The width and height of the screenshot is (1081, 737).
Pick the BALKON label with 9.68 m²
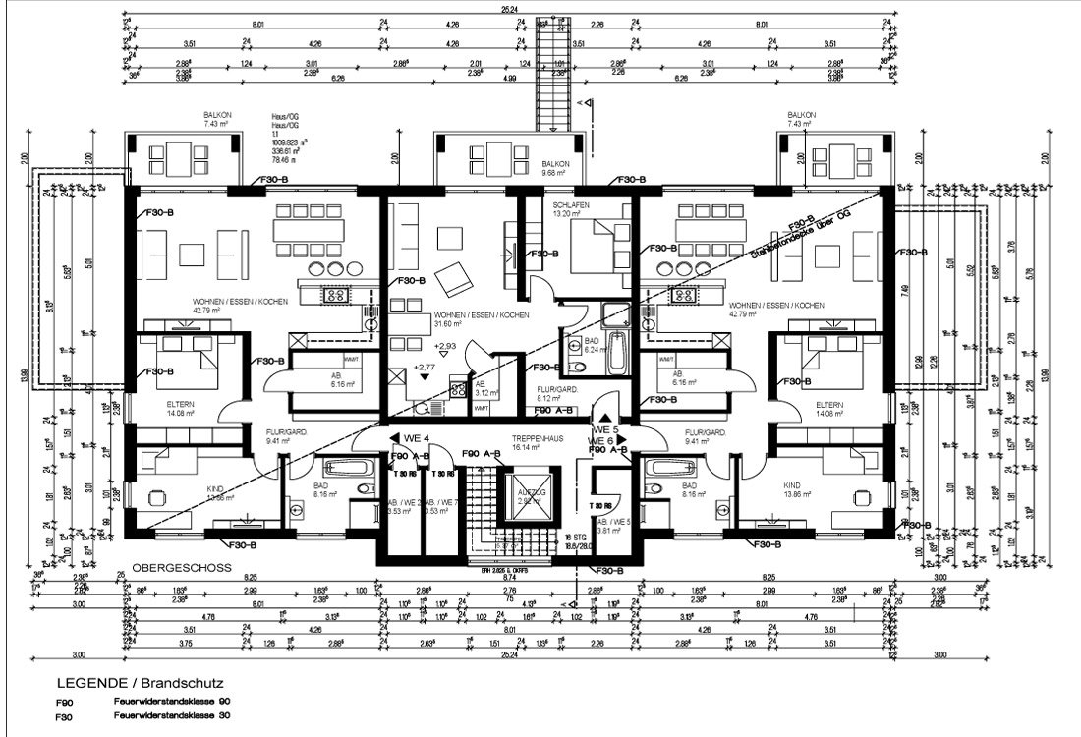[555, 165]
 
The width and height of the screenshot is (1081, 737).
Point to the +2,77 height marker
[425, 367]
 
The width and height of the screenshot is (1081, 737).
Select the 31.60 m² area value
[447, 322]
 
